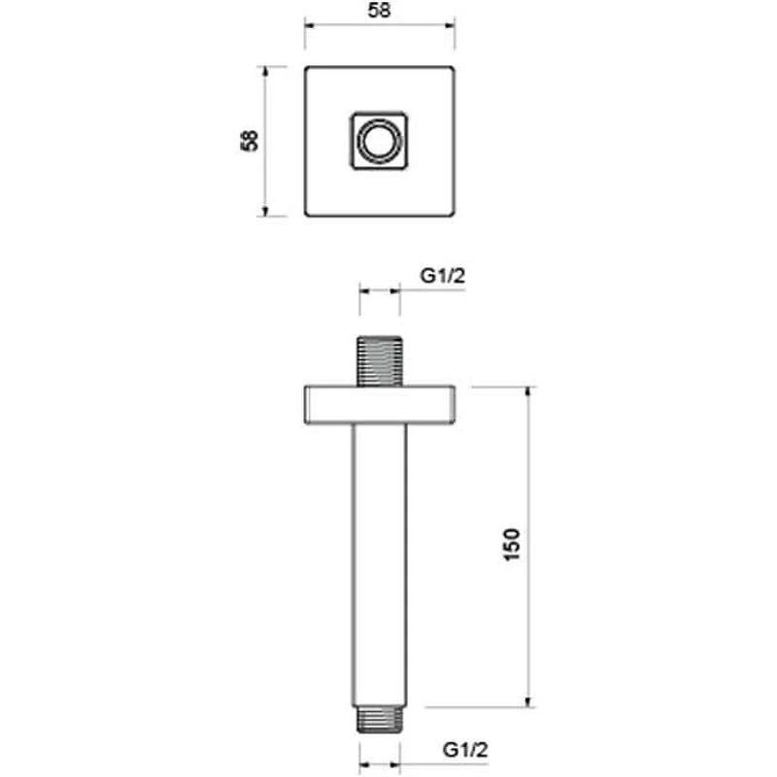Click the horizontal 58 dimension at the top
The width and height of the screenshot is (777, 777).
pos(379,11)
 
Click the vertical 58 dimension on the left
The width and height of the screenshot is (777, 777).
pos(250,140)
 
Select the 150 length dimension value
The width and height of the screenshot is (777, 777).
pos(512,545)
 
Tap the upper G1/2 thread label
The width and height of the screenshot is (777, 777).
pos(443,276)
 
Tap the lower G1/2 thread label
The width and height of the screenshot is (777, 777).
pos(465,750)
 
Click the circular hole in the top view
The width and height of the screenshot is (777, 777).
pos(380,141)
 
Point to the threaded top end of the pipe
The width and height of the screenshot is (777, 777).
pos(380,360)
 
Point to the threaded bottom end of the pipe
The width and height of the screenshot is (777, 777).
pos(380,720)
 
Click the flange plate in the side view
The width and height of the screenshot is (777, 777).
pos(380,405)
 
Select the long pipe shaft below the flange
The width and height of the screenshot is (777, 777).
pos(380,566)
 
